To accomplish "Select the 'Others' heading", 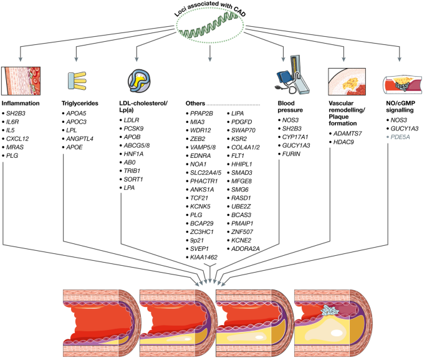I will coord(196,102).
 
